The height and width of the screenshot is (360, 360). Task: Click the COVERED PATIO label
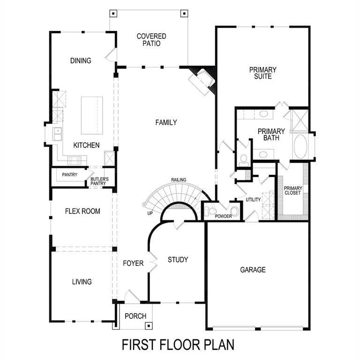[151, 40]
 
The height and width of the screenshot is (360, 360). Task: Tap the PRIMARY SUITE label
[262, 73]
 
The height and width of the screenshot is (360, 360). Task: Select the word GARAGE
[253, 270]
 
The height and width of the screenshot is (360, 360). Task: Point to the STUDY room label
[178, 260]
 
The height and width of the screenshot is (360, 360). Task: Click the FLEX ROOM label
[82, 211]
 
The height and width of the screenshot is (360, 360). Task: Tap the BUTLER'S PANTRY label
[99, 181]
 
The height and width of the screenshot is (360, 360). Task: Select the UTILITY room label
[253, 200]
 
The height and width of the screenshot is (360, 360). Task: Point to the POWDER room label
[224, 216]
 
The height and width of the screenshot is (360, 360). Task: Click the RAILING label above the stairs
[179, 180]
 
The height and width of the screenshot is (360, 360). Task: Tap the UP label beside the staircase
[150, 213]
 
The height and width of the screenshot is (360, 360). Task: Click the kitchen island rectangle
[92, 115]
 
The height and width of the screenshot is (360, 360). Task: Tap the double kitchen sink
[58, 134]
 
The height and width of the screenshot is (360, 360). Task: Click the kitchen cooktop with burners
[74, 160]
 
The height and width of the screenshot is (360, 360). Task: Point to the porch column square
[149, 325]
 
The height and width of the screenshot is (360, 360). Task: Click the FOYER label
[133, 263]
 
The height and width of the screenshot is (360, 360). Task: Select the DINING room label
[81, 61]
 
